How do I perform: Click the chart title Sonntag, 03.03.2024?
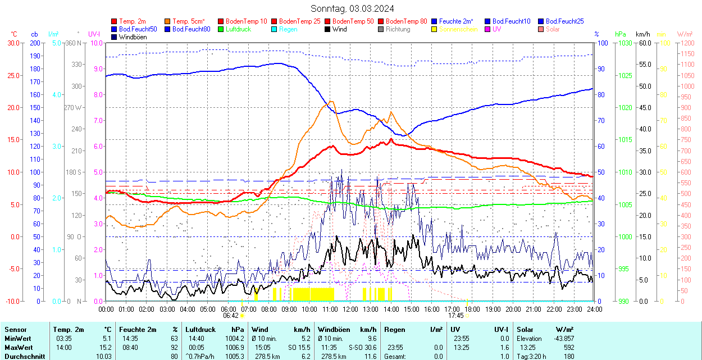[x=352, y=9]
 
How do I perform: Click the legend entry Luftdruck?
[x=238, y=29]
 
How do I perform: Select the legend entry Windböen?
[x=133, y=37]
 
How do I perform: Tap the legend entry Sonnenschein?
[x=458, y=29]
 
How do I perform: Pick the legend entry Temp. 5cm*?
[x=188, y=21]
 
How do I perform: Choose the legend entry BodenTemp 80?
[x=406, y=21]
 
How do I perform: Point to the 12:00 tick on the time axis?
[x=350, y=309]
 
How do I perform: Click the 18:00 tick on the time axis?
[x=472, y=309]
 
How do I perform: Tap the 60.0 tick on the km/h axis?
[x=644, y=43]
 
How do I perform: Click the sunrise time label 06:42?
[x=231, y=316]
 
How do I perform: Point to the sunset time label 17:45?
[x=455, y=316]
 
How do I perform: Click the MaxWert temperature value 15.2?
[x=104, y=348]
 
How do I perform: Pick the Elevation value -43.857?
[x=562, y=339]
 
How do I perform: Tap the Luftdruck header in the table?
[x=200, y=330]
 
